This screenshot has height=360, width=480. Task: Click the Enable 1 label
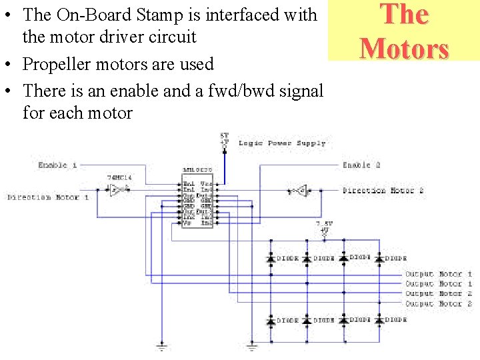[57, 165]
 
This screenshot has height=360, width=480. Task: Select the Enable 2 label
[361, 165]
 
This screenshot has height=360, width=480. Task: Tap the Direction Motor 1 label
[48, 197]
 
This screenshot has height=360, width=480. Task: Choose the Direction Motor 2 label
[383, 191]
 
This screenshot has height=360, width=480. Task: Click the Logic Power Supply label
[282, 143]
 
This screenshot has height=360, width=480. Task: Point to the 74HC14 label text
[119, 179]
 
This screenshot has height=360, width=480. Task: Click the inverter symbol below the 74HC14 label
[117, 189]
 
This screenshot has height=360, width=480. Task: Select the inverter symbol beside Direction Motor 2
[301, 191]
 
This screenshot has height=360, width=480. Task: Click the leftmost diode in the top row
[271, 258]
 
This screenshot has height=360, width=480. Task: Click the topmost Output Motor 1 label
[439, 274]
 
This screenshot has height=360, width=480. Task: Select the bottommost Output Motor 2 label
[439, 304]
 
